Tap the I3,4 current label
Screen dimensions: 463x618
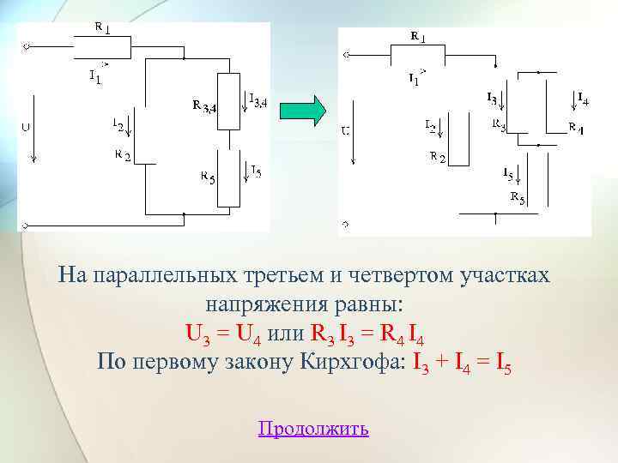click(x=257, y=101)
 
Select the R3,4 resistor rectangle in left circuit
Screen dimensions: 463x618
click(x=229, y=101)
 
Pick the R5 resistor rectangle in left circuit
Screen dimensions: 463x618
click(x=229, y=177)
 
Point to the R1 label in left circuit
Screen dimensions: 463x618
click(x=100, y=27)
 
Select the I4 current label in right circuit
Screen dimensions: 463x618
click(x=583, y=99)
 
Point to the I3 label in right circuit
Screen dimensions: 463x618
click(x=491, y=99)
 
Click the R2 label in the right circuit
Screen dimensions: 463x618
click(x=437, y=157)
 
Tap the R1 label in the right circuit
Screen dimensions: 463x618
click(x=416, y=37)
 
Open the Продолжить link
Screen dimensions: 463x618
click(x=313, y=428)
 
